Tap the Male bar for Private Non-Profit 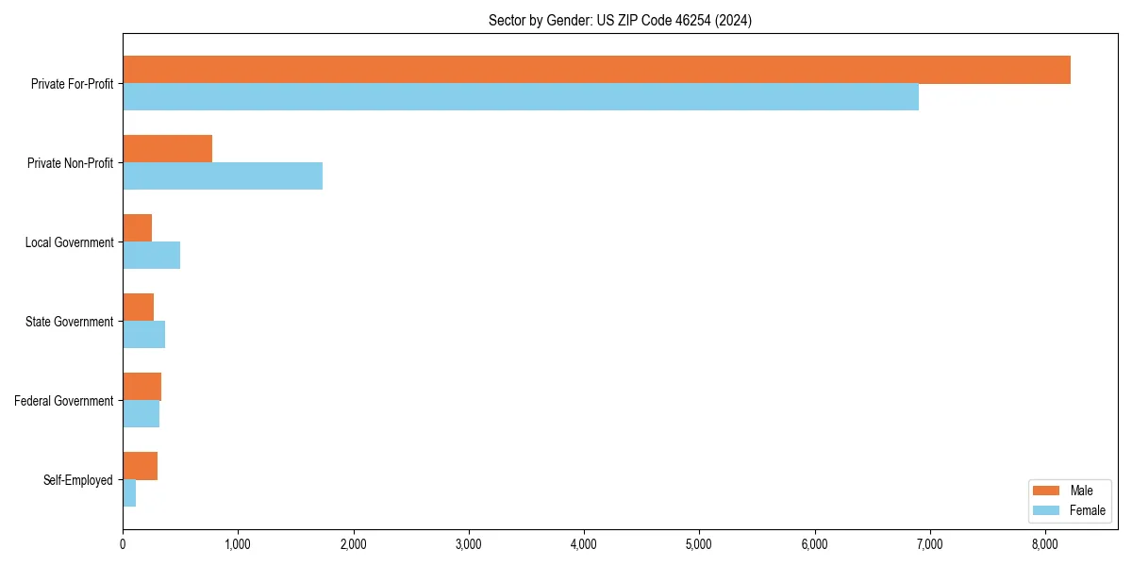(167, 149)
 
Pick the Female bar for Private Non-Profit (223, 176)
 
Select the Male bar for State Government (138, 308)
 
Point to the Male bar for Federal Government (141, 387)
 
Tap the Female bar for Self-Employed (129, 493)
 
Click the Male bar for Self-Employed (140, 466)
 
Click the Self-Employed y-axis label (78, 480)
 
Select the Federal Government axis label (64, 401)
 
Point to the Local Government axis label (69, 242)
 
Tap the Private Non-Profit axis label (70, 163)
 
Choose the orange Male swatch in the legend (1047, 491)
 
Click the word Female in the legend (1088, 510)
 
